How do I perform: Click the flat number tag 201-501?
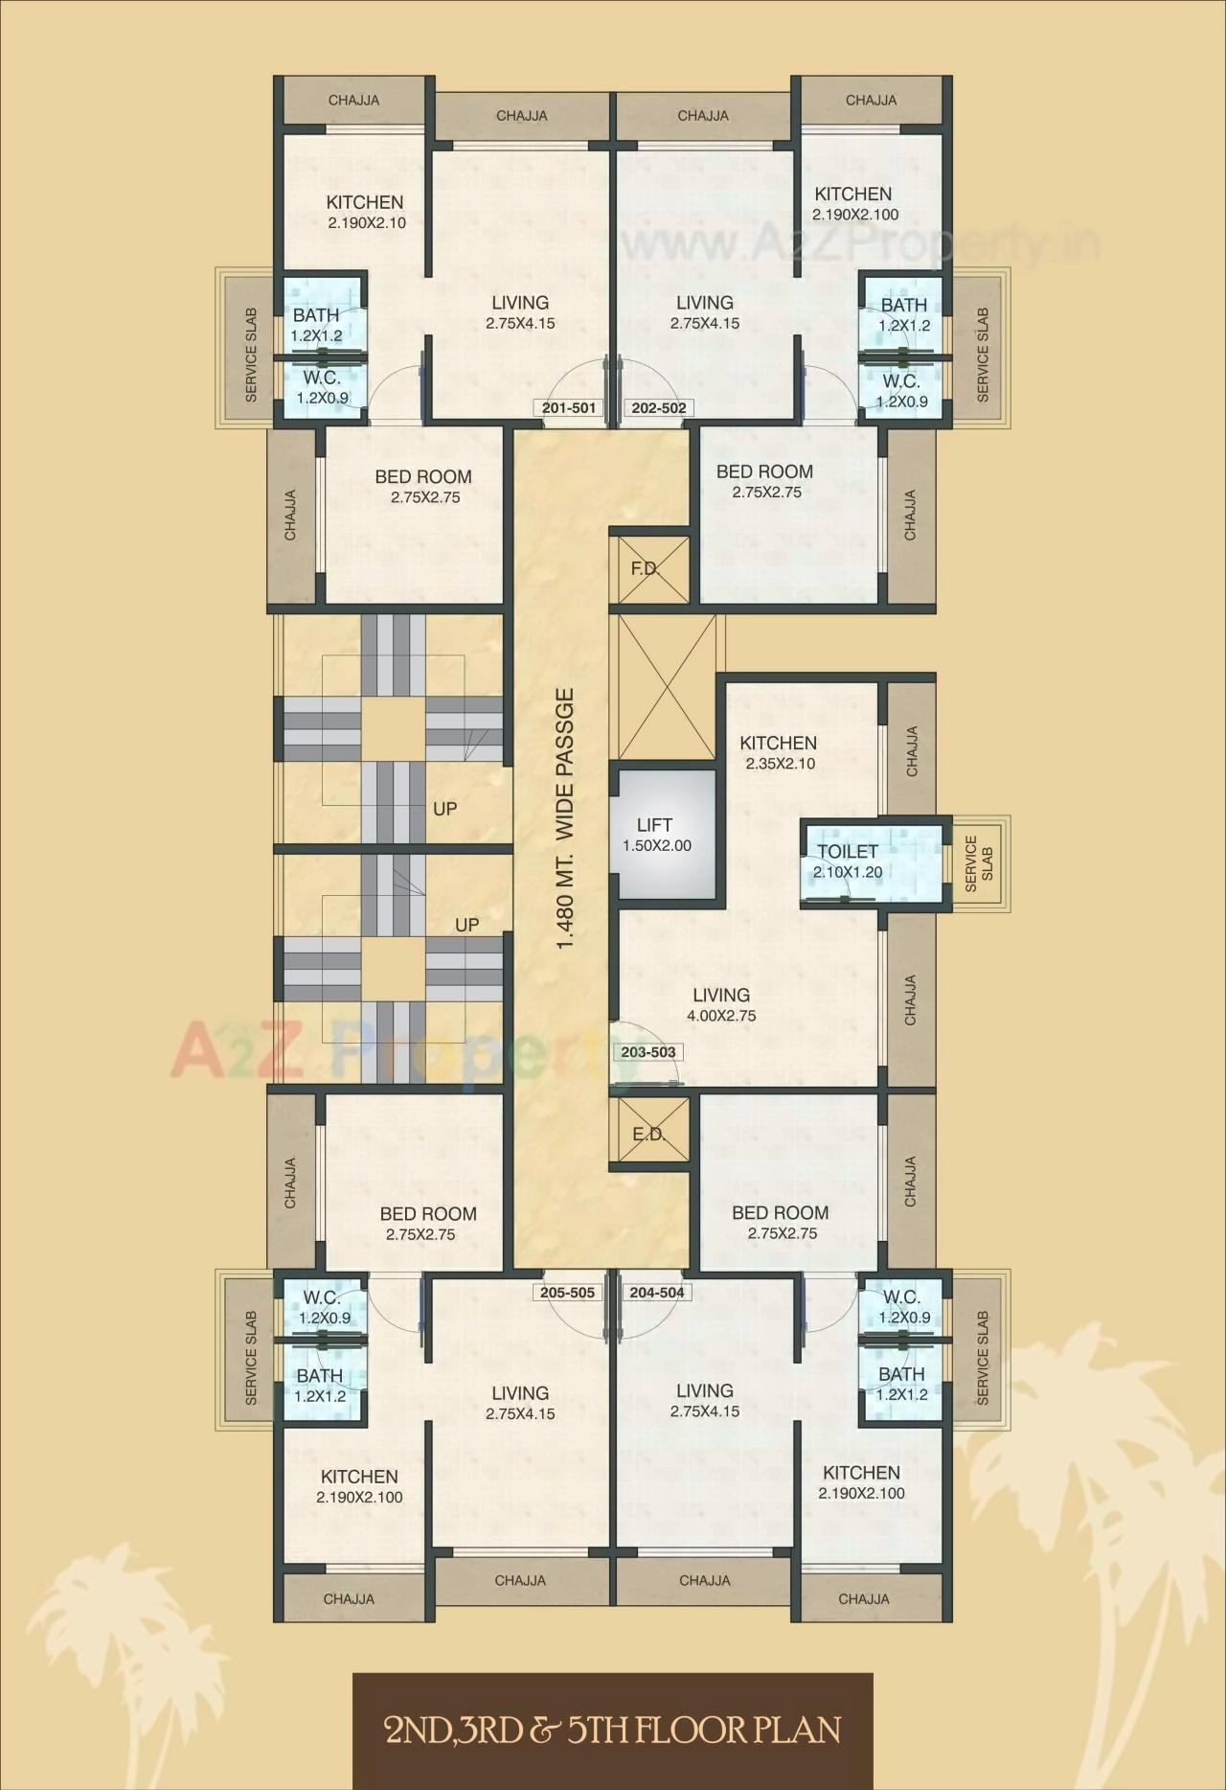tap(569, 408)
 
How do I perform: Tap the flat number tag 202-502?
tap(659, 408)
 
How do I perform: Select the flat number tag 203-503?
tap(648, 1052)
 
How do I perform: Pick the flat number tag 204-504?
tap(657, 1293)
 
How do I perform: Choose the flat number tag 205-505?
tap(567, 1293)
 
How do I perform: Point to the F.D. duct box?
tap(649, 568)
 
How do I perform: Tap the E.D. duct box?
tap(649, 1134)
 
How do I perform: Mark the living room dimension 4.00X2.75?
tap(721, 1016)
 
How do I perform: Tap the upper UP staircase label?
tap(444, 809)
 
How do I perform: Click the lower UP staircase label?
tap(466, 925)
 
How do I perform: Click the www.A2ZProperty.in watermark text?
tap(862, 244)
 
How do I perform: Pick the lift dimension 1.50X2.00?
tap(657, 846)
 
